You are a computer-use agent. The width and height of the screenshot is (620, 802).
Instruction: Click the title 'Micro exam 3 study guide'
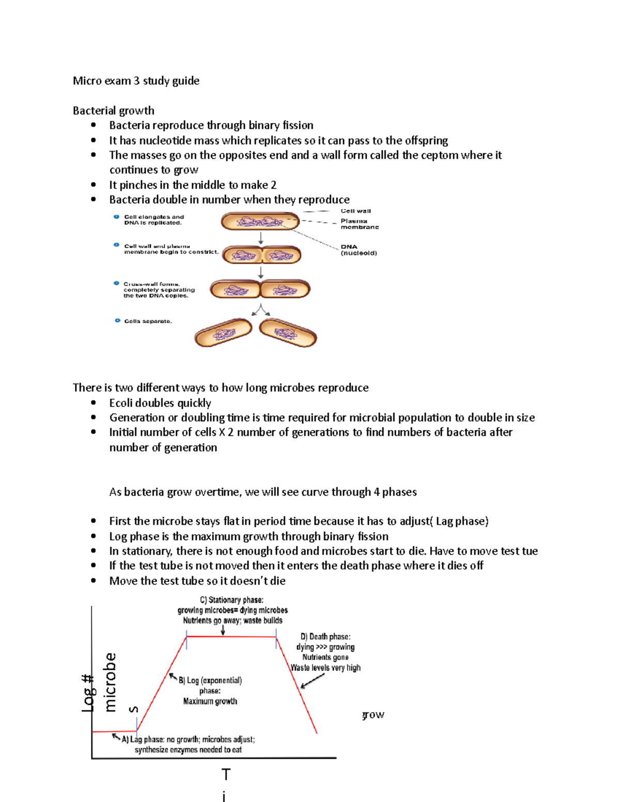[136, 81]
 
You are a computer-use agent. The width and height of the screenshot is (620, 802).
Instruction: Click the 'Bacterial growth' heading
[113, 111]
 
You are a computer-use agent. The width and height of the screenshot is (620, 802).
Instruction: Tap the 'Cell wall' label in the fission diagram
[355, 211]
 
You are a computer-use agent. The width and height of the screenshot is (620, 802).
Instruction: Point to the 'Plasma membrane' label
[359, 224]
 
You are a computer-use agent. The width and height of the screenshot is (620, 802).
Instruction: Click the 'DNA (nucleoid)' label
[359, 250]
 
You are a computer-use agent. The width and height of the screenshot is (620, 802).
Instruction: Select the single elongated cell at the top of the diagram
[260, 222]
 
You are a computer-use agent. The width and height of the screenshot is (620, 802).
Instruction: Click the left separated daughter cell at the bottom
[223, 333]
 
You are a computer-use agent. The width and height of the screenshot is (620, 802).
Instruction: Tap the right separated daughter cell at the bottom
[288, 333]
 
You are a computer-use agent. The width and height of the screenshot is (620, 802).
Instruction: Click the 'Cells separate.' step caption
[148, 321]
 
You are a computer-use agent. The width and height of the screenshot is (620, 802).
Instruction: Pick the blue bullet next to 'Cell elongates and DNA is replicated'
[117, 217]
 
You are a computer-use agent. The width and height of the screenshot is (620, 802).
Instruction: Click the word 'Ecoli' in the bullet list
[121, 403]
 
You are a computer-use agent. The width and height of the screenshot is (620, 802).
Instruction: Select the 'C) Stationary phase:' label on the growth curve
[231, 600]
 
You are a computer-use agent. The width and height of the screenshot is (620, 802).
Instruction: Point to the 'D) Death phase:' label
[326, 637]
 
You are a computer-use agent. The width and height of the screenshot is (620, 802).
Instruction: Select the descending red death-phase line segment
[297, 684]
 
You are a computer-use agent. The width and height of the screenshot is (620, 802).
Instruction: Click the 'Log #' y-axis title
[88, 693]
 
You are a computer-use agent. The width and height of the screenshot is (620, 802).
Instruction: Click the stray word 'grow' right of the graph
[373, 715]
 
